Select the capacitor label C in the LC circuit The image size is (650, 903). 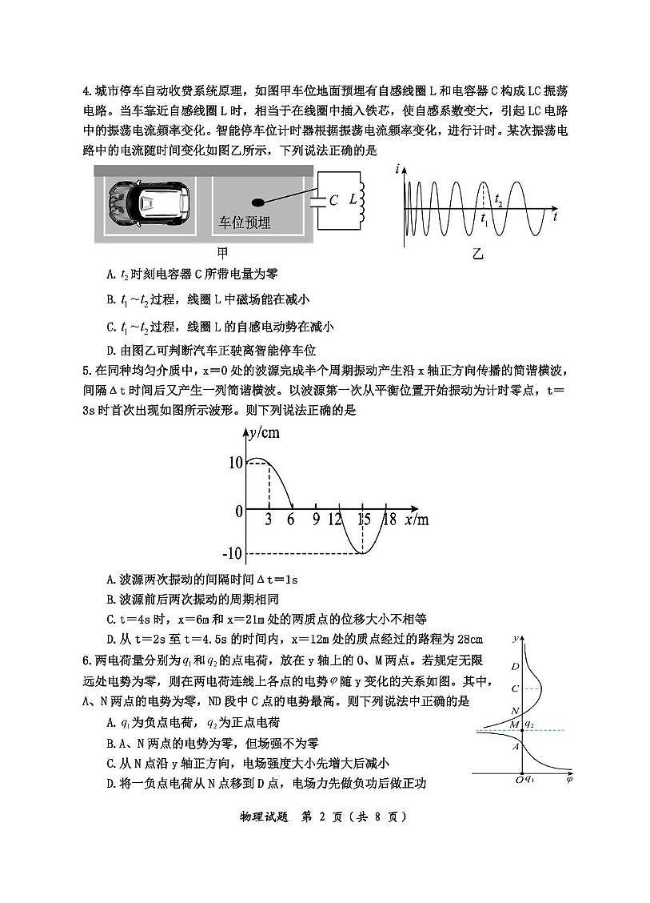[333, 201]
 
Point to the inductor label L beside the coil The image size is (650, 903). [352, 200]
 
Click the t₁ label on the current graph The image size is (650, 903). [485, 217]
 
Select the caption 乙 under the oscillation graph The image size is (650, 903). [477, 255]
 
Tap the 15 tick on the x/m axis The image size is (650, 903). [364, 520]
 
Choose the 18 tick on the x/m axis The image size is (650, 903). [389, 520]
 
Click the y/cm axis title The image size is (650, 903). [263, 433]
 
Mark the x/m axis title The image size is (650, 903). [417, 520]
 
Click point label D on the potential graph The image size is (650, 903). [516, 667]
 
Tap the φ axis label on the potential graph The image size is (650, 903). [568, 777]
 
